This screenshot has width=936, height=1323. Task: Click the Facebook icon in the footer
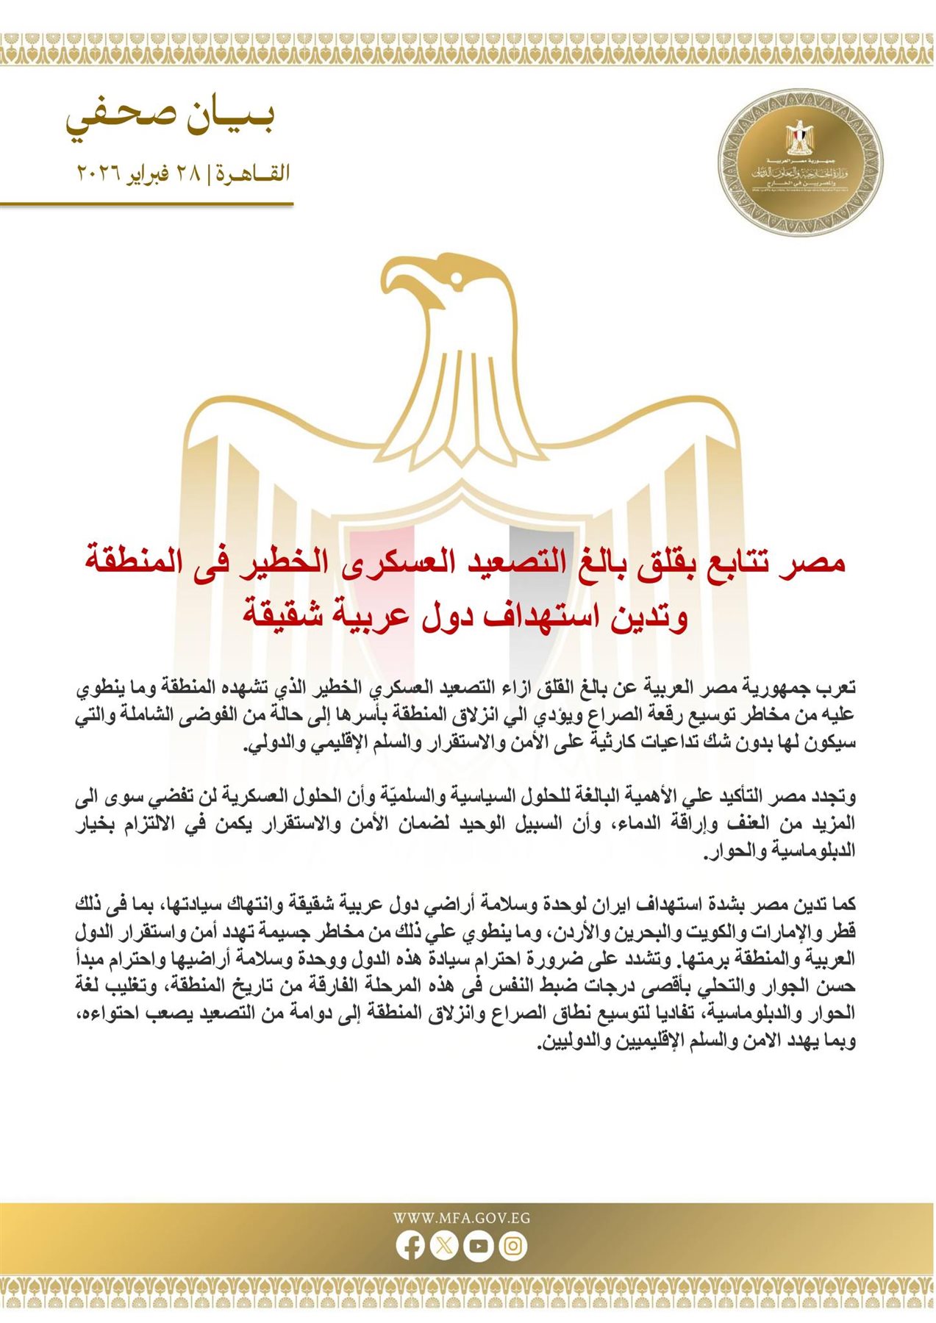410,1245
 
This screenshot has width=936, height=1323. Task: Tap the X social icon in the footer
443,1245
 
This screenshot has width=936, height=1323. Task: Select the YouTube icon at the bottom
478,1245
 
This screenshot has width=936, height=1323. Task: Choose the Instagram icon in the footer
512,1245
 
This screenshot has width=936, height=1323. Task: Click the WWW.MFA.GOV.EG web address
461,1218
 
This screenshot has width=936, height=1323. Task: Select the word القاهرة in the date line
254,174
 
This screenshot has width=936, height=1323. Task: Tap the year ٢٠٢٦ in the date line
96,174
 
